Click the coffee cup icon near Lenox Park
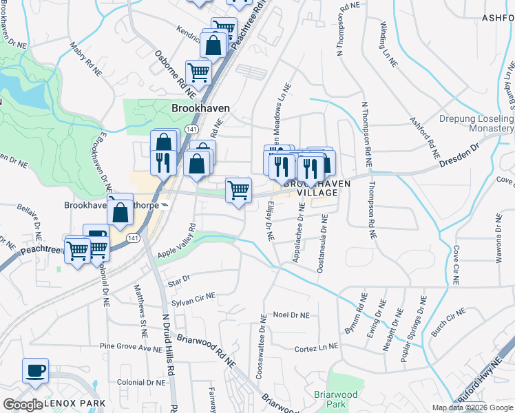pos(35,371)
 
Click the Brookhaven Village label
pos(311,189)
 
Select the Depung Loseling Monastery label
pos(476,123)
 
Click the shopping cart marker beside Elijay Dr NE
pos(238,189)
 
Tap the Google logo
pos(23,405)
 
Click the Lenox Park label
pos(75,403)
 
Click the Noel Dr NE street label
pos(291,315)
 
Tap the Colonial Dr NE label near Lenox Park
pos(140,382)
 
